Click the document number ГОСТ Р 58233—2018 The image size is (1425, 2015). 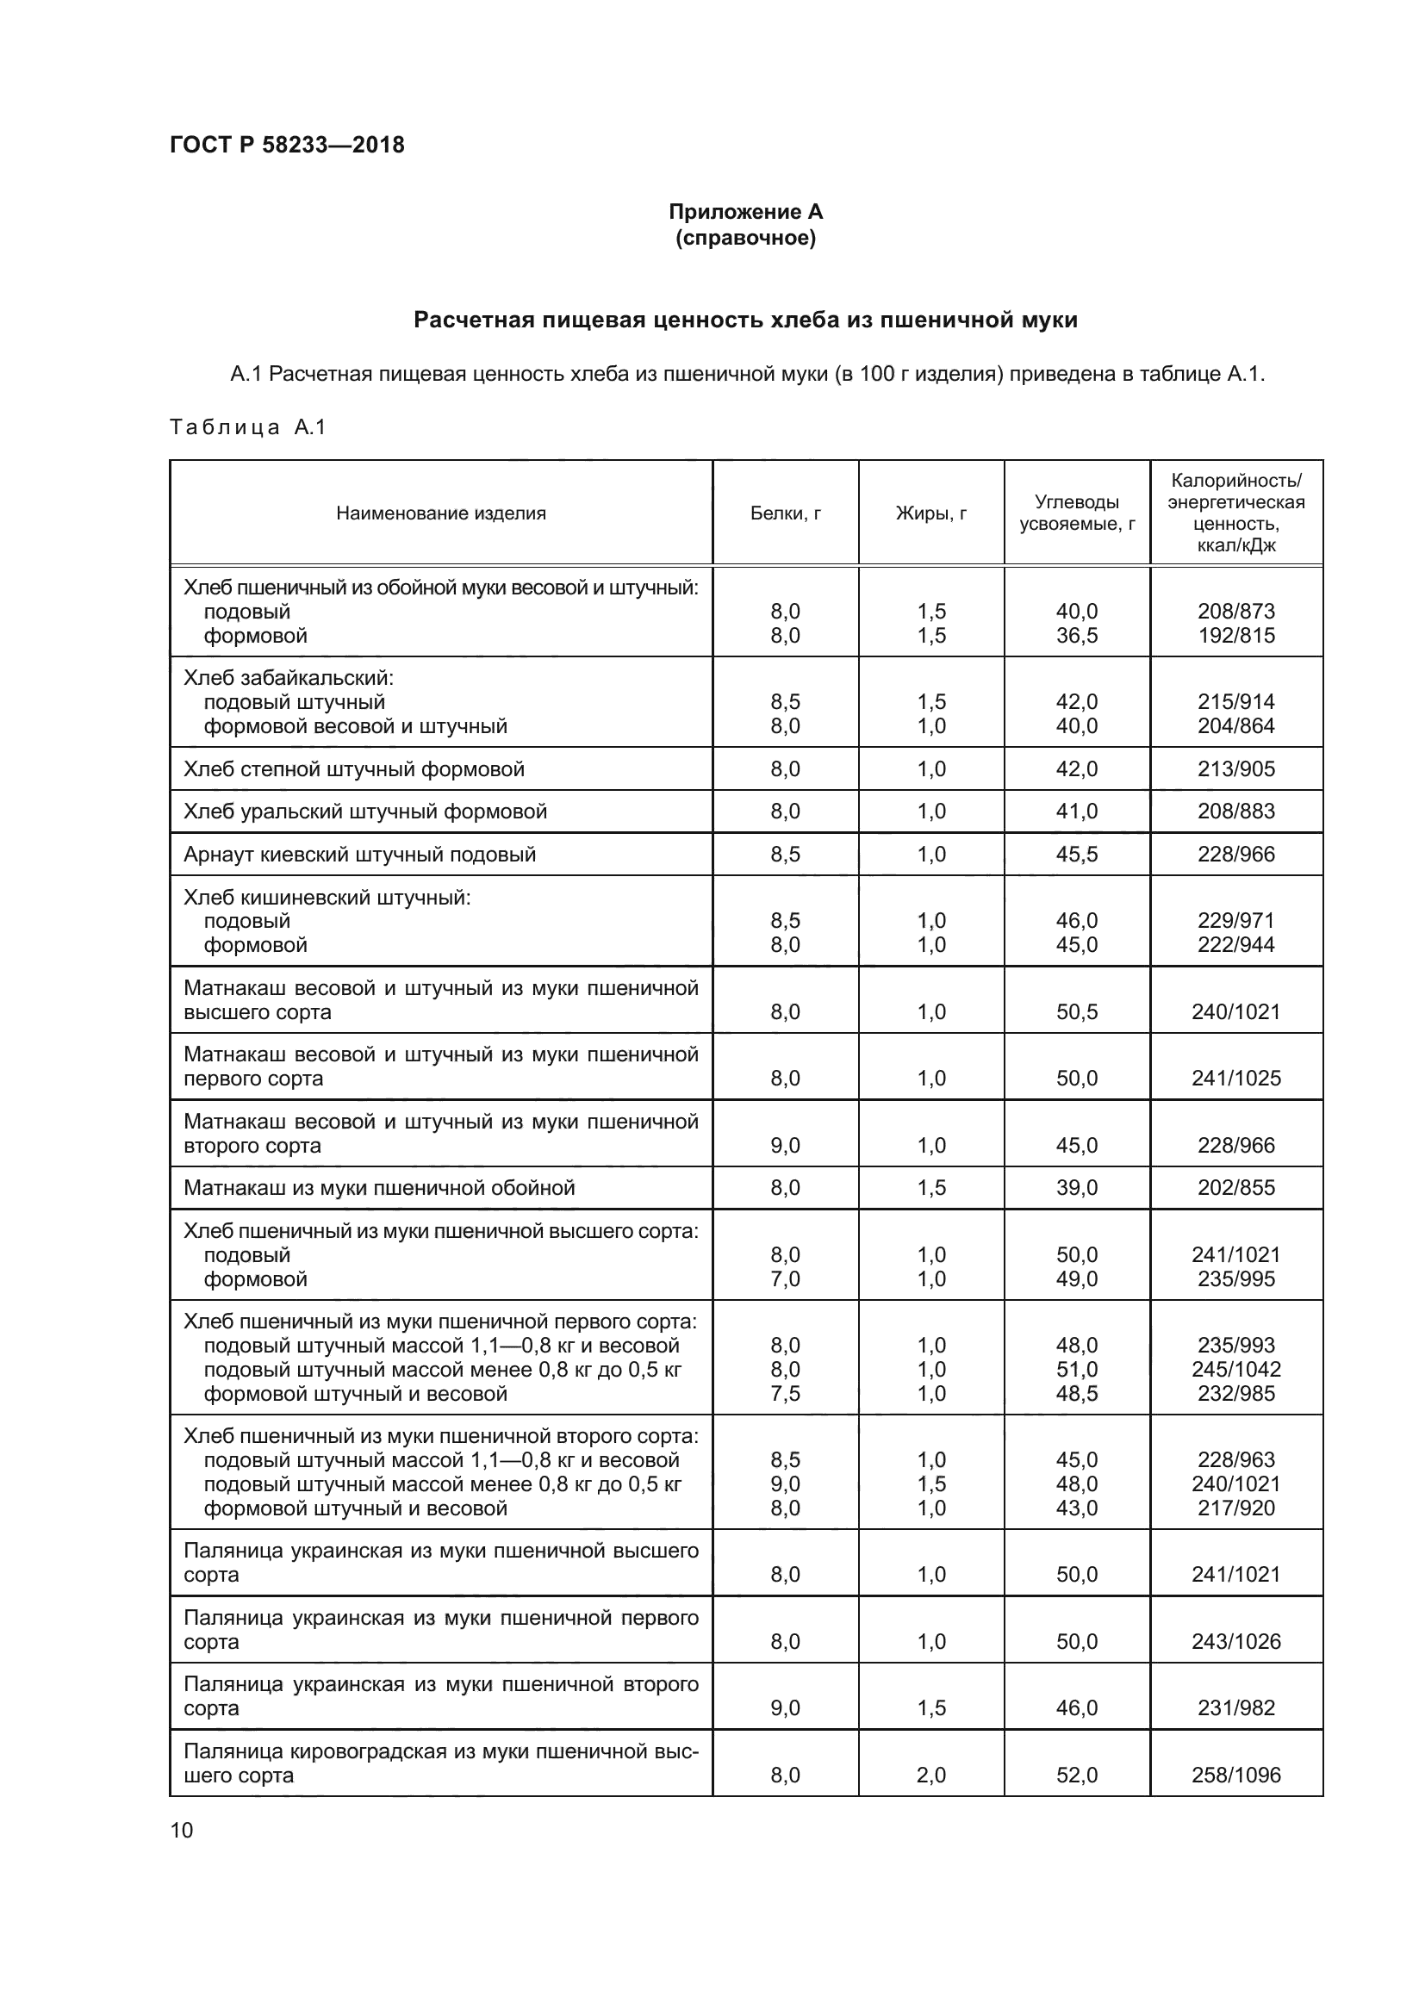tap(287, 145)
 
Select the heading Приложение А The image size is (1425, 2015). tap(746, 212)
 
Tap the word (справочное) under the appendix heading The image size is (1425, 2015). tap(746, 238)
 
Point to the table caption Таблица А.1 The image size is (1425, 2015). tap(247, 427)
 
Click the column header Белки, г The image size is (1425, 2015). tap(786, 513)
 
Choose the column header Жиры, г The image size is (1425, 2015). tap(931, 513)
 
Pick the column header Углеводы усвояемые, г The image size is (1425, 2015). tap(1077, 513)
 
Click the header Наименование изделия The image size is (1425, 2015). tap(440, 513)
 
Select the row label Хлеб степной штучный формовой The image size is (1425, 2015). tap(353, 768)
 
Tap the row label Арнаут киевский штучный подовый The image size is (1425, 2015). tap(360, 854)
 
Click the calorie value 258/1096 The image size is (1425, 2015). tap(1235, 1775)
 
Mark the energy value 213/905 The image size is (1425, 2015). tap(1235, 768)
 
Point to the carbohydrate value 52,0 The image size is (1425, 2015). tap(1077, 1775)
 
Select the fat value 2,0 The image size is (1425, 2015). tap(931, 1775)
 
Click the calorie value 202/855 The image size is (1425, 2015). tap(1235, 1187)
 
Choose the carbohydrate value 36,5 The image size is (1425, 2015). tap(1077, 636)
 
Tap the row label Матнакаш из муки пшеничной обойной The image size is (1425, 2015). tap(379, 1187)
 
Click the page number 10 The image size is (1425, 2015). tap(182, 1830)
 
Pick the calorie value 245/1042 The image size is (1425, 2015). tap(1235, 1369)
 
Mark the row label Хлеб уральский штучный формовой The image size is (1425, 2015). tap(365, 811)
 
